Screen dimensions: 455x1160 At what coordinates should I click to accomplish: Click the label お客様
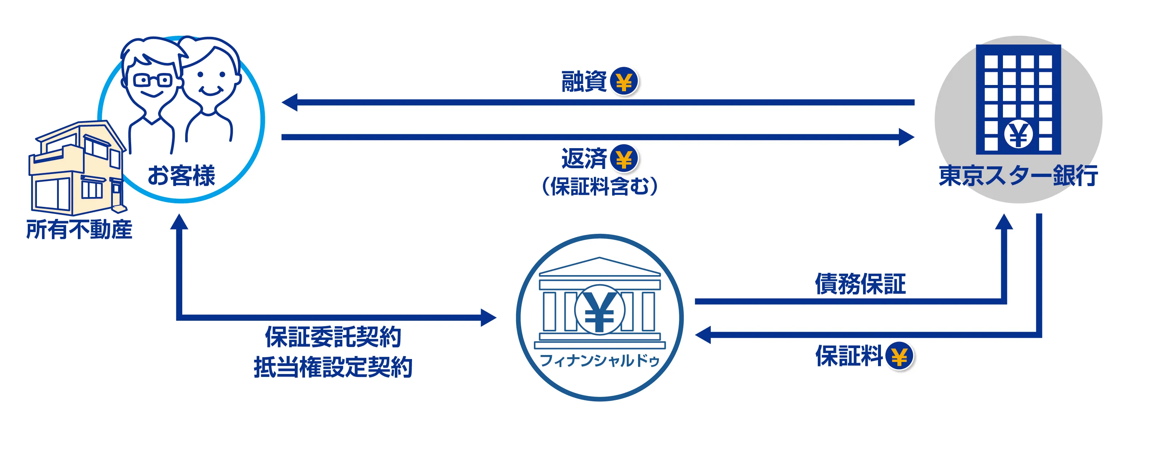tap(181, 175)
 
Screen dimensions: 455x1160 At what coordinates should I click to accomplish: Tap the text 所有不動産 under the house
tap(79, 230)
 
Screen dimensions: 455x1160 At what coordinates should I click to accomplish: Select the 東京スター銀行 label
tap(1018, 175)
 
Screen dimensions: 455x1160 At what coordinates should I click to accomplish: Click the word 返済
tap(584, 159)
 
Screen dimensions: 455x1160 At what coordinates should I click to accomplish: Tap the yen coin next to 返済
tap(624, 159)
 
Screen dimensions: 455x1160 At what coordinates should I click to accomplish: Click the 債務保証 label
tap(860, 284)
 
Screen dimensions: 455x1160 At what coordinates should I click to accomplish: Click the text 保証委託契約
tap(333, 337)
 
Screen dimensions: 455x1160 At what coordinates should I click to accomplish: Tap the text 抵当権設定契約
tap(333, 367)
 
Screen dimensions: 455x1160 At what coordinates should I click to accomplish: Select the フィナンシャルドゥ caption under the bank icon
tap(599, 360)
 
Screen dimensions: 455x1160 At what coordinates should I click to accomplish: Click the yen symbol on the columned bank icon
tap(599, 311)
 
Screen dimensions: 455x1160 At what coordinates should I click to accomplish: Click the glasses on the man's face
tap(153, 81)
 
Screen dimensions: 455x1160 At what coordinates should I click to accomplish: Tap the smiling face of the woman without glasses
tap(211, 81)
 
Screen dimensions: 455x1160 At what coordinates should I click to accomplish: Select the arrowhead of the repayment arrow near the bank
tap(906, 137)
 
